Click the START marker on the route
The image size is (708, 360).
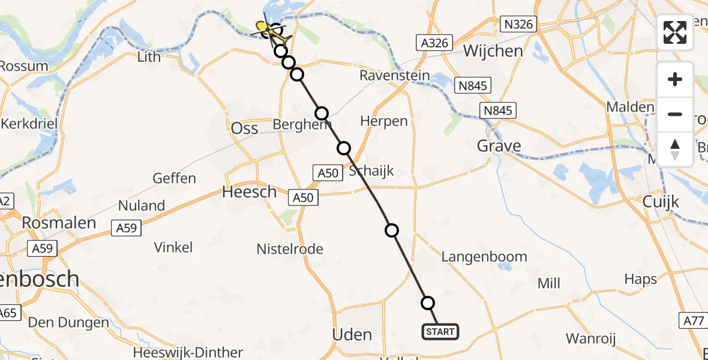click(x=440, y=332)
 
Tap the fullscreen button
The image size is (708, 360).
click(x=675, y=32)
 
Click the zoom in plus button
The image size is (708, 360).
click(x=675, y=79)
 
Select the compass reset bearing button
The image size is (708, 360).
click(x=675, y=149)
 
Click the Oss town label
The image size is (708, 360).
click(x=245, y=128)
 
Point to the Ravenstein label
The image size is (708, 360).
click(x=394, y=76)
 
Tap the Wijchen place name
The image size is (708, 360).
click(x=493, y=51)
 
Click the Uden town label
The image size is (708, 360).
click(x=352, y=334)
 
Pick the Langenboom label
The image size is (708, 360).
click(x=484, y=257)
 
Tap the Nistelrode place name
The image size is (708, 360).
click(x=290, y=249)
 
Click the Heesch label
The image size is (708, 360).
click(x=250, y=192)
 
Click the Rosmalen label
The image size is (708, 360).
click(x=59, y=223)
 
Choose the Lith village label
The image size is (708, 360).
click(x=149, y=57)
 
